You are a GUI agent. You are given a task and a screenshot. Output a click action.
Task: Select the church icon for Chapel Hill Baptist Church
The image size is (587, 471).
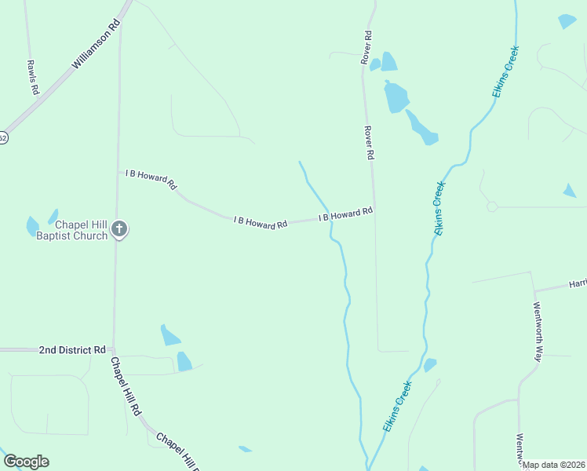(118, 229)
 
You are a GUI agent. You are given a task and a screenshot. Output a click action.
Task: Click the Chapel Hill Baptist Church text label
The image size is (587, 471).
(71, 230)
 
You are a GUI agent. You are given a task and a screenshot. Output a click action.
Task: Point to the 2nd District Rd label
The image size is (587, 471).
(72, 349)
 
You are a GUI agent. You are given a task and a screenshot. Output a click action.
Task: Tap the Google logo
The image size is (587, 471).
(26, 462)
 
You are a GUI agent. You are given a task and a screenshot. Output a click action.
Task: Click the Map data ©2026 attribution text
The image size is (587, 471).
(554, 465)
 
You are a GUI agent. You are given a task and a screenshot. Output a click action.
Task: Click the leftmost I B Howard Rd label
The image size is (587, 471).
(151, 177)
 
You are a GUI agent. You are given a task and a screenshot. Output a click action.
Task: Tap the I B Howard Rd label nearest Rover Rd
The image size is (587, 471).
(345, 214)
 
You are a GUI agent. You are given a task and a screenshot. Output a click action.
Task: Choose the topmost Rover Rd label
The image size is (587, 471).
(366, 47)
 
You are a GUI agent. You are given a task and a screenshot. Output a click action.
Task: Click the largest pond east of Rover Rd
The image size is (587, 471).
(396, 97)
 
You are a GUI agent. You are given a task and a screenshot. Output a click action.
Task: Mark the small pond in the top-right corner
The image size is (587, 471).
(567, 21)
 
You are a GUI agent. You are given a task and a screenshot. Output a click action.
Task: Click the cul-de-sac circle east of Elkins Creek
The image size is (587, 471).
(492, 206)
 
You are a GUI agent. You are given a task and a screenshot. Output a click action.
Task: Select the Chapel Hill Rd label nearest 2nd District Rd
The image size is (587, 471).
(126, 386)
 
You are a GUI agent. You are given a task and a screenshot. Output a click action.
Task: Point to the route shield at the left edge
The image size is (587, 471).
(3, 138)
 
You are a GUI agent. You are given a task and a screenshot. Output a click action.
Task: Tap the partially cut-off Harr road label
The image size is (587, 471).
(577, 284)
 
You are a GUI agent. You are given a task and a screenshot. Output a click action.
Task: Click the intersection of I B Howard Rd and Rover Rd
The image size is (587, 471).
(374, 208)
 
